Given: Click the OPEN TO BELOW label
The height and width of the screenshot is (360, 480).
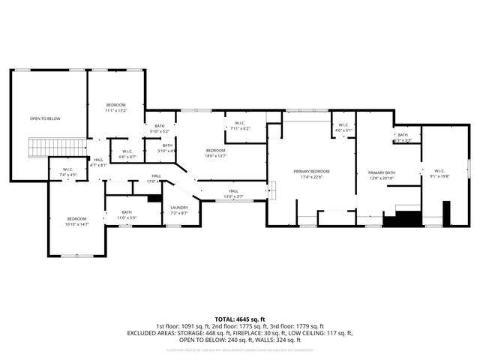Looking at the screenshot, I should point(45,118).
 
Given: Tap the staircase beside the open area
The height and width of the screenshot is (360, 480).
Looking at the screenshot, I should point(38,148).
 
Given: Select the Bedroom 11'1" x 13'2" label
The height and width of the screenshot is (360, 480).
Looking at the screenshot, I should point(115,106).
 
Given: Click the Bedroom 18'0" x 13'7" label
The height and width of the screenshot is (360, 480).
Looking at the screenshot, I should point(215,153).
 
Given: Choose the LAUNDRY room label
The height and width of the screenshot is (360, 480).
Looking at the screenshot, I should point(178,210).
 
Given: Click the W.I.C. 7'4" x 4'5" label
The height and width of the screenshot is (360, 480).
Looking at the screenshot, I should point(67,172).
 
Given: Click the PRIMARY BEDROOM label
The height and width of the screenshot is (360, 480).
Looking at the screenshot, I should point(310,174).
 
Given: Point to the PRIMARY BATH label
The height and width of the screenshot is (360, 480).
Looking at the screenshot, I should point(382,175).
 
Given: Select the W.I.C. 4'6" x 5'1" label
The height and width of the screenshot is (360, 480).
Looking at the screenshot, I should point(342,127).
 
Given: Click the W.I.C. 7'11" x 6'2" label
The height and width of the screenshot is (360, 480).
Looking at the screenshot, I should point(240,126).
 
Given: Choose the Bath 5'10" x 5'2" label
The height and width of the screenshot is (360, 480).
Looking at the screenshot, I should point(159,128).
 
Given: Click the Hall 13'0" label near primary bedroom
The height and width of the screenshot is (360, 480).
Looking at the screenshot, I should point(233,193).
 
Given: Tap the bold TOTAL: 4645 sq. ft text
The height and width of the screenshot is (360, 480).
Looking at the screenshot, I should point(240,318).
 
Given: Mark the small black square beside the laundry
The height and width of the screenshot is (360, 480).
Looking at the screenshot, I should point(154,198).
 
